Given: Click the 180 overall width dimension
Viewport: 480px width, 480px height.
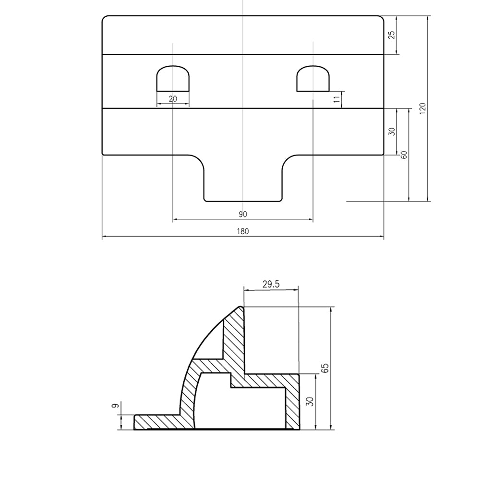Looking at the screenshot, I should pyautogui.click(x=242, y=231).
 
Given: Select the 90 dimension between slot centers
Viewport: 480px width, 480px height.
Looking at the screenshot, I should pyautogui.click(x=242, y=214).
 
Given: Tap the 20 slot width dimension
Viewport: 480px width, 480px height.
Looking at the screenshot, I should pyautogui.click(x=173, y=99).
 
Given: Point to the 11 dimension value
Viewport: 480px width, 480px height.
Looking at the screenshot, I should pyautogui.click(x=337, y=99).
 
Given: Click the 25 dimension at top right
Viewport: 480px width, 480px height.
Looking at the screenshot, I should pyautogui.click(x=392, y=35).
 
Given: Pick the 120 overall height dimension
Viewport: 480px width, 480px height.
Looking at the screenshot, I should pyautogui.click(x=422, y=108).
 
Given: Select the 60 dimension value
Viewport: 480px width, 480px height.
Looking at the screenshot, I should pyautogui.click(x=404, y=155).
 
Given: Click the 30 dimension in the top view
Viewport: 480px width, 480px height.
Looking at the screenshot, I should pyautogui.click(x=392, y=131).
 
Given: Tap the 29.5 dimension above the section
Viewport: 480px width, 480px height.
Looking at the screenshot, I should pyautogui.click(x=271, y=284).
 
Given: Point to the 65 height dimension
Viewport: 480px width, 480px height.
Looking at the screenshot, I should pyautogui.click(x=325, y=368).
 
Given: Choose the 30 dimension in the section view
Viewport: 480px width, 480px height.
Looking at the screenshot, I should pyautogui.click(x=310, y=402).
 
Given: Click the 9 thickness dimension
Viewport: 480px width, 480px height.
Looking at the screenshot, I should pyautogui.click(x=115, y=406).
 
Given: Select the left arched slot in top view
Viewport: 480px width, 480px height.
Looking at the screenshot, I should pyautogui.click(x=173, y=78).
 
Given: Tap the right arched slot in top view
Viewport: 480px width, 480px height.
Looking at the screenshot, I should pyautogui.click(x=313, y=78).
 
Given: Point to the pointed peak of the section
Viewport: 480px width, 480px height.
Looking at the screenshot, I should pyautogui.click(x=241, y=308).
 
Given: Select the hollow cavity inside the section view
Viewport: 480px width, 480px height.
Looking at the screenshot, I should pyautogui.click(x=240, y=406).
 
